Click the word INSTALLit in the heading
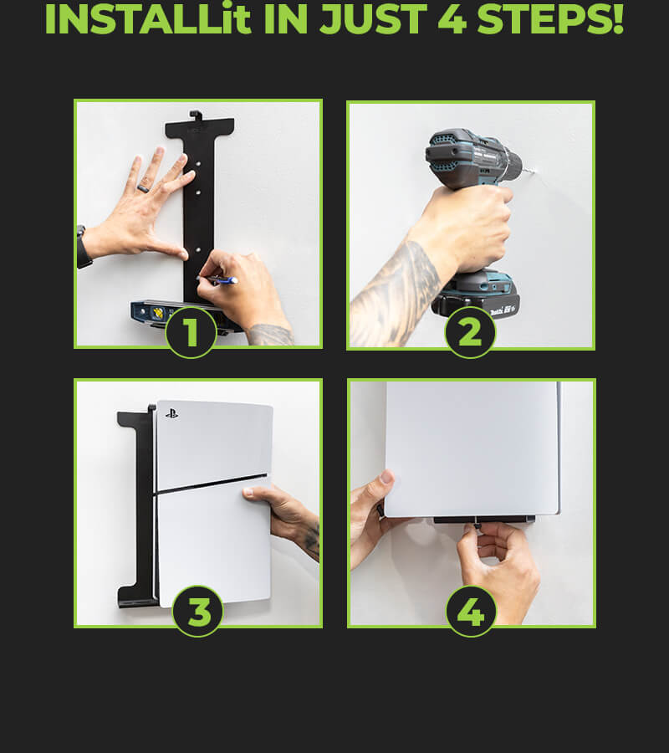click(x=148, y=19)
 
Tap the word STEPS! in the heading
click(x=550, y=19)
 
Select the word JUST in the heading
click(x=373, y=19)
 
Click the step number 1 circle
click(x=191, y=332)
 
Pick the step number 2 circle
click(x=470, y=332)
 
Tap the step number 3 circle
click(x=197, y=612)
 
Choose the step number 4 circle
click(x=471, y=612)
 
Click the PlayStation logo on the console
click(x=171, y=413)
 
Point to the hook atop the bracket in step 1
click(x=194, y=115)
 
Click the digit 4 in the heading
click(x=452, y=19)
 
